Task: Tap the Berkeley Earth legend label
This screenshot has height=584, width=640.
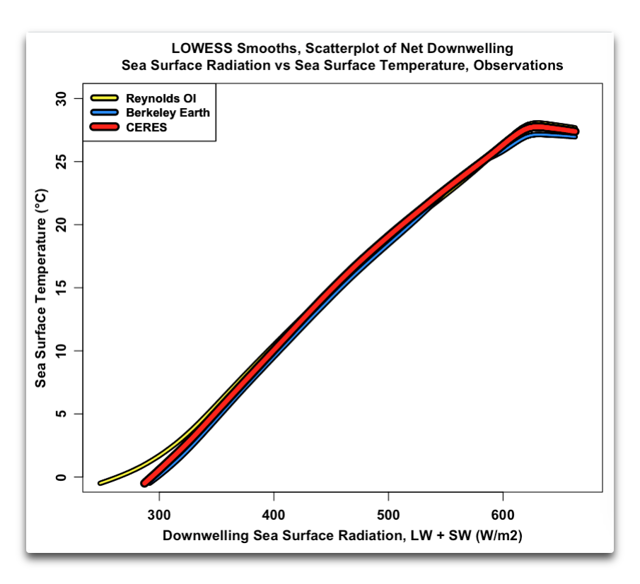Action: click(168, 112)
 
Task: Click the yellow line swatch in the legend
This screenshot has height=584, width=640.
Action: click(105, 97)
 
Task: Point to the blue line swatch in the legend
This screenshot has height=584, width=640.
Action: click(105, 112)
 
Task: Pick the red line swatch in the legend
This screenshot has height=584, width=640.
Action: click(105, 127)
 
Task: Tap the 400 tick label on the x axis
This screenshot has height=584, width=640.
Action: click(274, 512)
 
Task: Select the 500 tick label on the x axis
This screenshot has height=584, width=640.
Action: click(388, 512)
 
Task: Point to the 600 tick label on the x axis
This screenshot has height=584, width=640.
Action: click(503, 512)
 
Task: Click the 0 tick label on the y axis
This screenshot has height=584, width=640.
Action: click(61, 477)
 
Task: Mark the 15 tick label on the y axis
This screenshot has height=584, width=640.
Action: click(61, 287)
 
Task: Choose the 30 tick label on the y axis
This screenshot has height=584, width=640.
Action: click(61, 98)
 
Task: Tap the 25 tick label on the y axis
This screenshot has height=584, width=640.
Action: click(61, 161)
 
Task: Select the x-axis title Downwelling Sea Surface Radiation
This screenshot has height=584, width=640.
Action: click(342, 536)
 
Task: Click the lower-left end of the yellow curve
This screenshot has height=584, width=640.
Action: click(100, 483)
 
